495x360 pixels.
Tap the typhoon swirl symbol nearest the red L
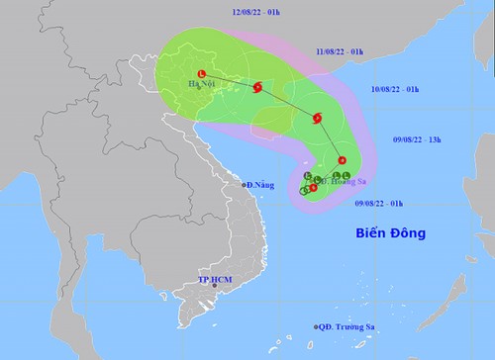(258, 87)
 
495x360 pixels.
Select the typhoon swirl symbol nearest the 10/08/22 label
(317, 120)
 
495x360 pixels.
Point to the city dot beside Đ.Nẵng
(243, 185)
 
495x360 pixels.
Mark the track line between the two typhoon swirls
(288, 103)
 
